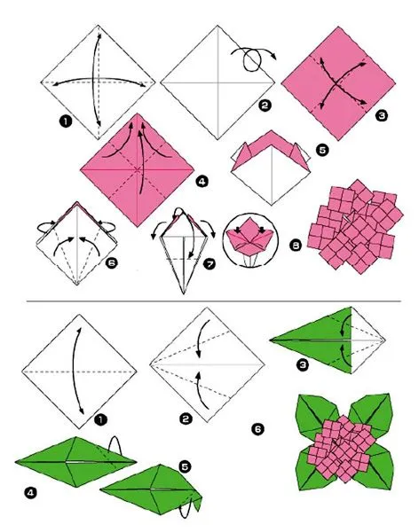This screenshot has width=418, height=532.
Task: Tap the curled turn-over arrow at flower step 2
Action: [x=250, y=83]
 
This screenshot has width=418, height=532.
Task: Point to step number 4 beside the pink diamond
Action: [x=202, y=183]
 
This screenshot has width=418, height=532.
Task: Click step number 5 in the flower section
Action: [x=321, y=151]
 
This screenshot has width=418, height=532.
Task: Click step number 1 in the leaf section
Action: [x=99, y=417]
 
